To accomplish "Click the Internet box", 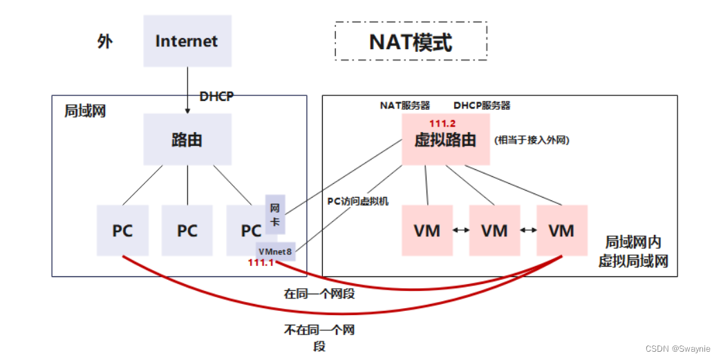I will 187,41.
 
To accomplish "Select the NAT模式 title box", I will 411,42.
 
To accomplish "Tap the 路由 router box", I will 187,139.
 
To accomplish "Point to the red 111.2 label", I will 442,123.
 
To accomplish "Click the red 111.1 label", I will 262,263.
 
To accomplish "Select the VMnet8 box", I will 275,252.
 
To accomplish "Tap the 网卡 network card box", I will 274,214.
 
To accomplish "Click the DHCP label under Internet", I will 216,97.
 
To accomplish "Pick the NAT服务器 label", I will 405,106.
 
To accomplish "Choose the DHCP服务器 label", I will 482,106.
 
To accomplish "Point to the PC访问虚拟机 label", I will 357,201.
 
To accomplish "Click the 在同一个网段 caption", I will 319,294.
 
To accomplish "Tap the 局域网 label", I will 85,111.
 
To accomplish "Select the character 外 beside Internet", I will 104,41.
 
